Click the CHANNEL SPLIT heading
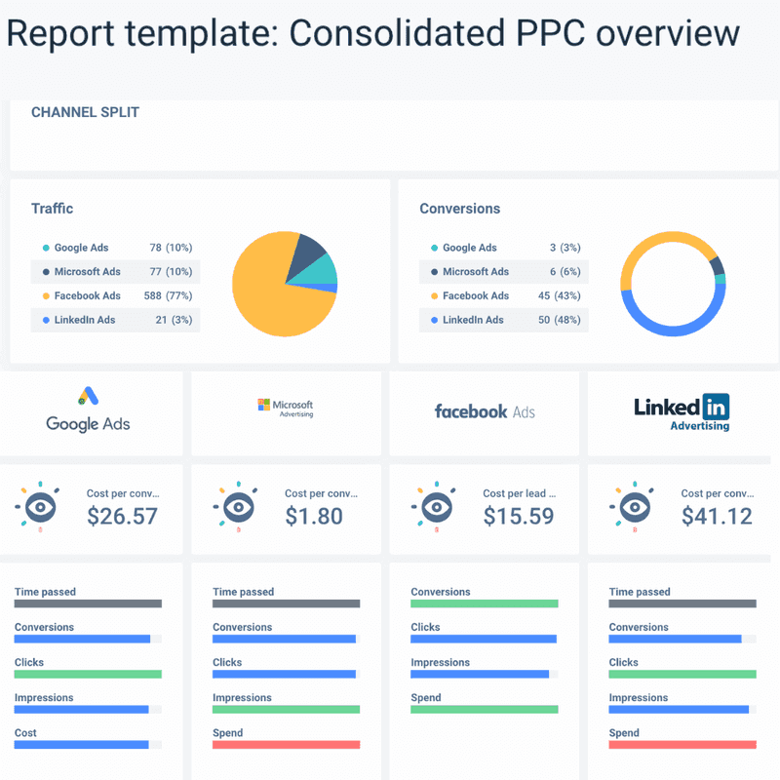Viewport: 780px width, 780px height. click(85, 112)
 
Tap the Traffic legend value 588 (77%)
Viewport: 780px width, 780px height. click(171, 295)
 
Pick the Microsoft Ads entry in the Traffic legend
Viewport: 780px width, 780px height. click(87, 272)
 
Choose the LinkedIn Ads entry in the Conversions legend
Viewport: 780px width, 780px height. click(473, 320)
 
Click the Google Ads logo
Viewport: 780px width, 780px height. click(88, 410)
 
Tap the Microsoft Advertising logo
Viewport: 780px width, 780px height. click(285, 409)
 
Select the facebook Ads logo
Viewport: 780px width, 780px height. click(485, 411)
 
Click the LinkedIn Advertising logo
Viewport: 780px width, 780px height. click(682, 411)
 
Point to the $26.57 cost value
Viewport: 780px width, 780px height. click(122, 516)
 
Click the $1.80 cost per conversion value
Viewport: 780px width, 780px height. click(314, 516)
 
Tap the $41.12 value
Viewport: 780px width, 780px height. click(717, 516)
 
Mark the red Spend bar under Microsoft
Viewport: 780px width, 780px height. click(286, 744)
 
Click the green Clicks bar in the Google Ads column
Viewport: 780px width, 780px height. click(88, 674)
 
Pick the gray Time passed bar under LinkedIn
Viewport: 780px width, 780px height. click(682, 604)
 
